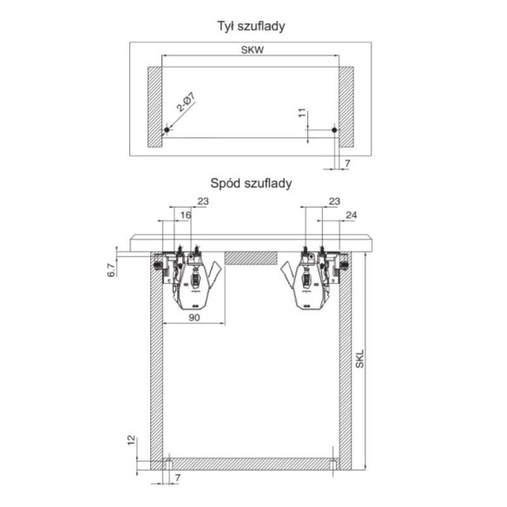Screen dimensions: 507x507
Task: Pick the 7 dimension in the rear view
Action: tap(346, 162)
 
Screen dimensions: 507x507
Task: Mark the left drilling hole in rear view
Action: tap(165, 131)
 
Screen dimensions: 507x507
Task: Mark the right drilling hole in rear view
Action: tap(334, 131)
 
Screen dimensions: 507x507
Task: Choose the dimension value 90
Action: tap(195, 319)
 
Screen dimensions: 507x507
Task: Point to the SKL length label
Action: tap(360, 359)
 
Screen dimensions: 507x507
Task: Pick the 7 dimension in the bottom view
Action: tap(177, 478)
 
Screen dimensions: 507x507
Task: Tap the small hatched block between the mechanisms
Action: tap(251, 258)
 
